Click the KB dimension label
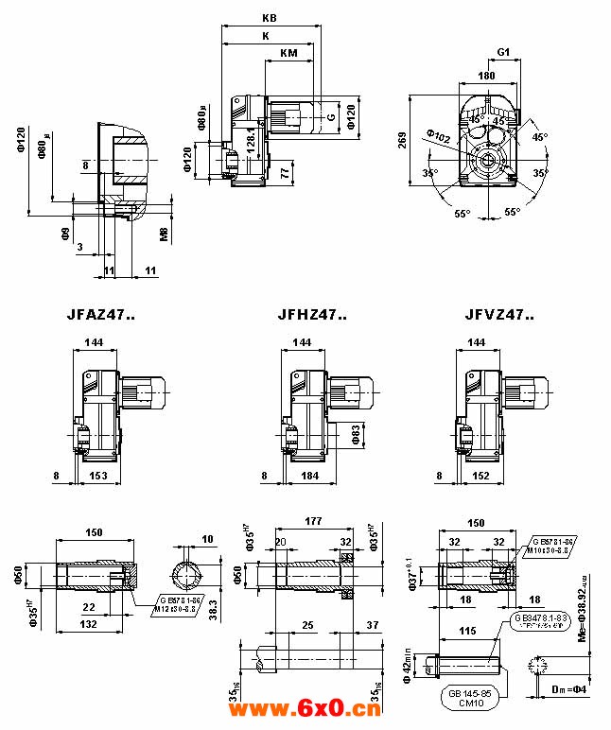271,19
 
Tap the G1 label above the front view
503,52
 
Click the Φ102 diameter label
438,137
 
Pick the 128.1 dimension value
251,136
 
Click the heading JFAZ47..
101,316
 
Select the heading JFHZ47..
313,316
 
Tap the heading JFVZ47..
498,316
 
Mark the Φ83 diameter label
356,434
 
